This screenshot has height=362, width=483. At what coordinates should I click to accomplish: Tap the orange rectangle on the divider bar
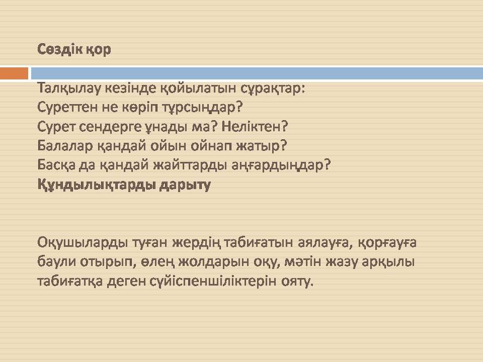click(14, 73)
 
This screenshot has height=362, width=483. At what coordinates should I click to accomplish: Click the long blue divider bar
click(257, 73)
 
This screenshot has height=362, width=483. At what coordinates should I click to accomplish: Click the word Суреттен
click(70, 107)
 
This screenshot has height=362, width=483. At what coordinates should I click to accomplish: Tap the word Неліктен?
click(255, 126)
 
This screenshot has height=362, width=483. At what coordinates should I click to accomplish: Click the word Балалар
click(65, 146)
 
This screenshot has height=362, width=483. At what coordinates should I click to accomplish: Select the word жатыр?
click(261, 146)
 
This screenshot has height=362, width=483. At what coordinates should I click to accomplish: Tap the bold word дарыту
click(185, 185)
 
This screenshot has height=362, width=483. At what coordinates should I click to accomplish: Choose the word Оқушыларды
click(83, 243)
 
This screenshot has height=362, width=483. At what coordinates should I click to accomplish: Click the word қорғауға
click(387, 243)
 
